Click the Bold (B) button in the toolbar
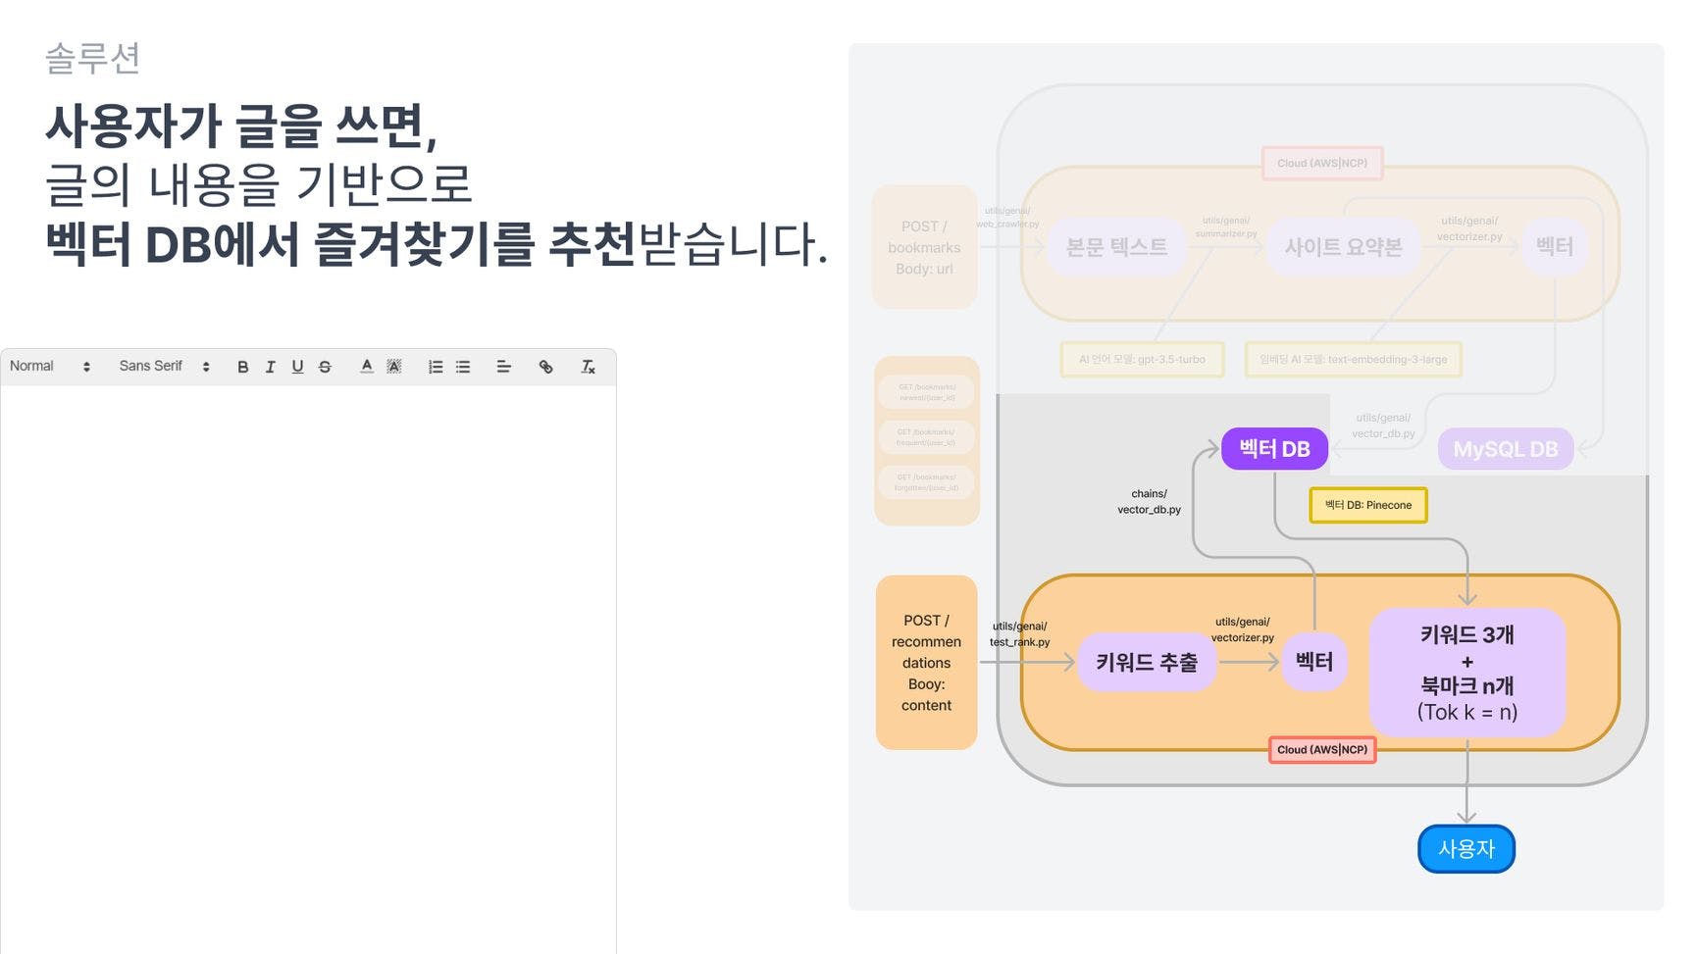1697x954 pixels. click(242, 367)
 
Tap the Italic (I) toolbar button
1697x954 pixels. click(270, 367)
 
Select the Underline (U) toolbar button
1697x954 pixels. click(297, 367)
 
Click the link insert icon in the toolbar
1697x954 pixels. click(546, 367)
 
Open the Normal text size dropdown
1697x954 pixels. click(49, 367)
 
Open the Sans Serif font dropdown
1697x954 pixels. click(164, 367)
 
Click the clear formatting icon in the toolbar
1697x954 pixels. click(588, 367)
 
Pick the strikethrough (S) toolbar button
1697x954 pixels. click(325, 367)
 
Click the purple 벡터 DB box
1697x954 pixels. click(1274, 449)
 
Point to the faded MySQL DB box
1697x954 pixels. click(1505, 449)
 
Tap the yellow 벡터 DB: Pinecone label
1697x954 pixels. click(1368, 505)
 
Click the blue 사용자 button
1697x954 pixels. click(1466, 848)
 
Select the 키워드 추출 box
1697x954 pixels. click(1147, 663)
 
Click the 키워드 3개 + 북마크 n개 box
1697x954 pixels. click(1466, 673)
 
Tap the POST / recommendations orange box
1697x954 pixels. click(926, 663)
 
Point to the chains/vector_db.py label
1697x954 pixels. click(1149, 502)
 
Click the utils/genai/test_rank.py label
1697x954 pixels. click(1019, 634)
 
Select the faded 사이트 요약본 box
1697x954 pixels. click(1343, 247)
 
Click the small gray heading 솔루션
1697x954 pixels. click(93, 59)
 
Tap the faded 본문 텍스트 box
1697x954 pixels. click(1116, 247)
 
